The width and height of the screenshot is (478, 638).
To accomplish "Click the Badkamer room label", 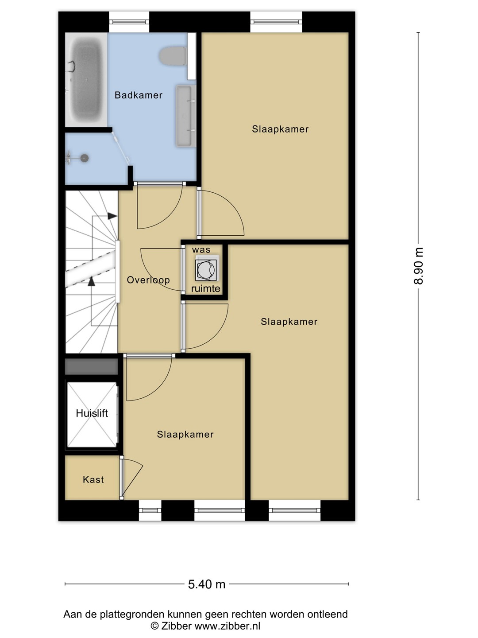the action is pyautogui.click(x=139, y=95).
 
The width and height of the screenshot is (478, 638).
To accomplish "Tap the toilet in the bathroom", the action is pyautogui.click(x=173, y=56).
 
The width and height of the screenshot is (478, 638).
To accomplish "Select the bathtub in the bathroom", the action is pyautogui.click(x=86, y=80).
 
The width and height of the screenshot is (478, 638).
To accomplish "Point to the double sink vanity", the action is pyautogui.click(x=186, y=116).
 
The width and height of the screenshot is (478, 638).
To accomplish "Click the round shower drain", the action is pyautogui.click(x=84, y=158).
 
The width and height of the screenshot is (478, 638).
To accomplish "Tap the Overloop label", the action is pyautogui.click(x=148, y=280).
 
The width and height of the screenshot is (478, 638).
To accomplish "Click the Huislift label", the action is pyautogui.click(x=92, y=413).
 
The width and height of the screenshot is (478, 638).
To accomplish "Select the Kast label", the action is pyautogui.click(x=93, y=479).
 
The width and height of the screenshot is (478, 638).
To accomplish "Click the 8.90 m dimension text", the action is pyautogui.click(x=419, y=266).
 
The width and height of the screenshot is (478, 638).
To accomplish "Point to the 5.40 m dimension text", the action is pyautogui.click(x=207, y=584).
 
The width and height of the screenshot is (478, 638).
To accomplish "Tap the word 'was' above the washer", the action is pyautogui.click(x=201, y=250).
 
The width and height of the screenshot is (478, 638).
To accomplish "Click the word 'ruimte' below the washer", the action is pyautogui.click(x=206, y=288).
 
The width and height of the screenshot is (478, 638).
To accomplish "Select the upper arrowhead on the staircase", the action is pyautogui.click(x=112, y=216).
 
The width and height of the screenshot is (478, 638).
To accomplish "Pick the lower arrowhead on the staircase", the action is pyautogui.click(x=92, y=281).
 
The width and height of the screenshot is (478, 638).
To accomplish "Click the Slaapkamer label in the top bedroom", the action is pyautogui.click(x=280, y=129).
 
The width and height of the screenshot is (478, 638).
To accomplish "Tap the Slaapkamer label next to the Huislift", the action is pyautogui.click(x=185, y=434).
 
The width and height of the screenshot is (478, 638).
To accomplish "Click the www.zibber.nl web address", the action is pyautogui.click(x=227, y=626).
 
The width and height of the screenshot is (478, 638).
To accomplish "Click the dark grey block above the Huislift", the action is pyautogui.click(x=92, y=366).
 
